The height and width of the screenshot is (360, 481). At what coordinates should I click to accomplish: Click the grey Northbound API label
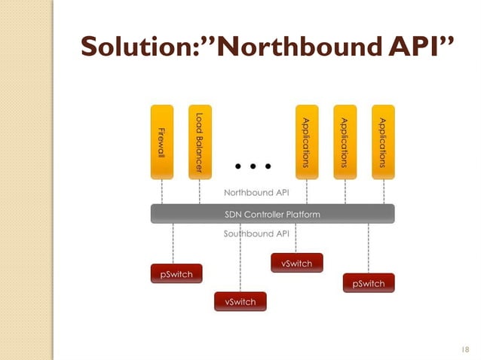tap(257, 193)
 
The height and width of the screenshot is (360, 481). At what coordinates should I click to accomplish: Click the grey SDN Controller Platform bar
tap(272, 215)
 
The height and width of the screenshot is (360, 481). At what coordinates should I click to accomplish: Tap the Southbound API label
tap(257, 234)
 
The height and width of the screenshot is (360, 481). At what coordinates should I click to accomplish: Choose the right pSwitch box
tap(369, 283)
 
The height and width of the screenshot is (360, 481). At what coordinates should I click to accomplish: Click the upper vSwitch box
tap(296, 263)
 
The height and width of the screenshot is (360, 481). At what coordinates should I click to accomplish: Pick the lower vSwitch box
tap(240, 301)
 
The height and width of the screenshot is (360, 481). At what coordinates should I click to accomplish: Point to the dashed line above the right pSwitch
tap(369, 249)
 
